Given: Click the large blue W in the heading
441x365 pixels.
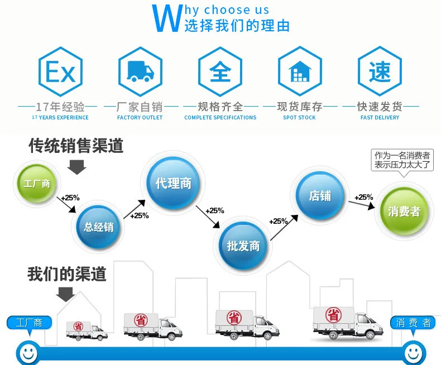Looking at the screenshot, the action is click(x=166, y=18).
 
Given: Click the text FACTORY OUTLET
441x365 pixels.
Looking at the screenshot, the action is click(x=140, y=118).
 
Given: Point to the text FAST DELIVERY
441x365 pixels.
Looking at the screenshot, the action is click(x=380, y=118).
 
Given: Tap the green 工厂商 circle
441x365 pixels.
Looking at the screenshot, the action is click(x=36, y=184).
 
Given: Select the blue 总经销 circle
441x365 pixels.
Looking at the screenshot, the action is click(x=99, y=227).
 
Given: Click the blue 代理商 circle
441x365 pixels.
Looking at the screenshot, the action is click(x=173, y=184).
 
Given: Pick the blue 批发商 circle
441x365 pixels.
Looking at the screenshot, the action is click(x=243, y=246).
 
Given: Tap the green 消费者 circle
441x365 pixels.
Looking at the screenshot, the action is click(x=404, y=212).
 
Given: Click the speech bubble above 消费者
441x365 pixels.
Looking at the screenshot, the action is click(x=402, y=160).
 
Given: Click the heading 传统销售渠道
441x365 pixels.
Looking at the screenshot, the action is click(x=76, y=146).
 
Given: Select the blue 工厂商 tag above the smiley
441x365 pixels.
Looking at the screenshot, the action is click(x=29, y=323).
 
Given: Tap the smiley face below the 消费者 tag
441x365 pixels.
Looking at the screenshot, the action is click(x=413, y=352).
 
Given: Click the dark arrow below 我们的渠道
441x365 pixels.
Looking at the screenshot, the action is click(x=65, y=294).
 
